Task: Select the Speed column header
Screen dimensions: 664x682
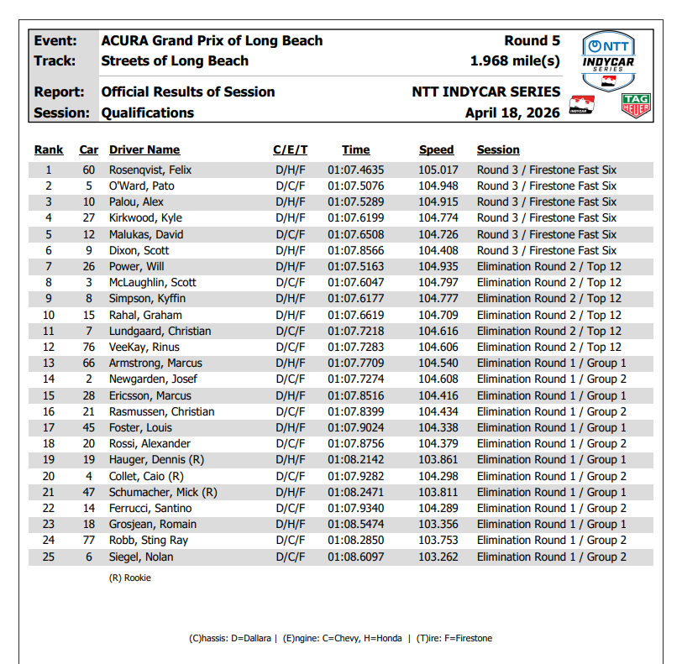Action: pyautogui.click(x=436, y=149)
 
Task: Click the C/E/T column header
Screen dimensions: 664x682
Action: pyautogui.click(x=291, y=149)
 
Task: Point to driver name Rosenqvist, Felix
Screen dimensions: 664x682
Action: pyautogui.click(x=150, y=170)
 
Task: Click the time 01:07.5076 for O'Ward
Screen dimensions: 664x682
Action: pyautogui.click(x=356, y=186)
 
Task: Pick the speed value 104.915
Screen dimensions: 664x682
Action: pyautogui.click(x=437, y=201)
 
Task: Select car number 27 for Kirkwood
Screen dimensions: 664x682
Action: pyautogui.click(x=88, y=218)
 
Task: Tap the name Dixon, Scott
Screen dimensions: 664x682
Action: pyautogui.click(x=139, y=250)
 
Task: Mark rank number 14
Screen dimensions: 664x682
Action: pyautogui.click(x=49, y=379)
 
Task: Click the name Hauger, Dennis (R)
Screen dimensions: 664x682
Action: pyautogui.click(x=157, y=460)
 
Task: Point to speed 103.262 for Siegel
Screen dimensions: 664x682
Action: pyautogui.click(x=437, y=557)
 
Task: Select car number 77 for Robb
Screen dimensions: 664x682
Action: pyautogui.click(x=88, y=541)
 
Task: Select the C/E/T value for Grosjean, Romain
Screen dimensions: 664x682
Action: pyautogui.click(x=291, y=525)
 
